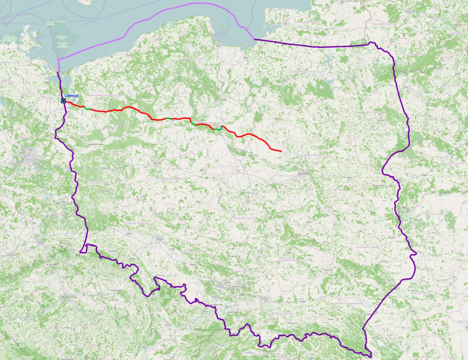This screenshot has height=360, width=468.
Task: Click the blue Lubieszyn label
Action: pyautogui.click(x=71, y=95)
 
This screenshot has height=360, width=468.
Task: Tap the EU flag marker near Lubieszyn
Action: pyautogui.click(x=63, y=101)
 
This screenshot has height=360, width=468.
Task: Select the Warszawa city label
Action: pyautogui.click(x=304, y=174)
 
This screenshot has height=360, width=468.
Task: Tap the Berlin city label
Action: pyautogui.click(x=29, y=157)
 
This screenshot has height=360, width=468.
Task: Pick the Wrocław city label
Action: pyautogui.click(x=159, y=239)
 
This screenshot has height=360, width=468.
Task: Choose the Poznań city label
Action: pyautogui.click(x=157, y=164)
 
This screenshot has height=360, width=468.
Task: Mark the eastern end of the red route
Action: pyautogui.click(x=281, y=151)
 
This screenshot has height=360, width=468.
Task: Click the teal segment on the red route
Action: pyautogui.click(x=218, y=129)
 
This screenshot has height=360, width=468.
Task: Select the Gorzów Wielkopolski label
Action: pyautogui.click(x=95, y=144)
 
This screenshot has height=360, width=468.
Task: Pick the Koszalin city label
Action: pyautogui.click(x=129, y=56)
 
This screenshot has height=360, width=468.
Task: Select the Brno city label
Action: pyautogui.click(x=145, y=346)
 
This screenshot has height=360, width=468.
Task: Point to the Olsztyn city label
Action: pyautogui.click(x=284, y=81)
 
